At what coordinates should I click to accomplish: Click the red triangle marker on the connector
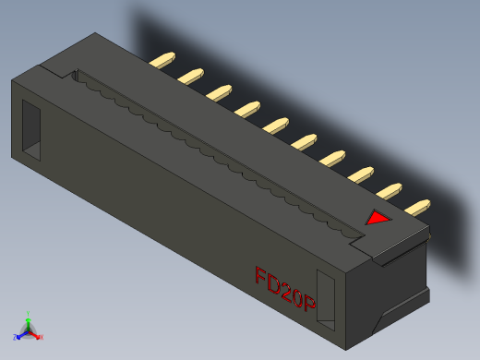[x=377, y=219]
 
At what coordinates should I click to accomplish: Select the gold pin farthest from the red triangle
[x=163, y=61]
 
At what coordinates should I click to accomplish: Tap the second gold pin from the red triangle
[x=390, y=190]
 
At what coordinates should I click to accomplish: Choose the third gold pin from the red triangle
[x=361, y=174]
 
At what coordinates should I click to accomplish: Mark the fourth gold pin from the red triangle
[x=332, y=157]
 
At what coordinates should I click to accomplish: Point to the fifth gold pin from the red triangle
[x=304, y=141]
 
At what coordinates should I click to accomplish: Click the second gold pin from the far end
[x=191, y=74]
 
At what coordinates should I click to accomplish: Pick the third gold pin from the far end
[x=219, y=90]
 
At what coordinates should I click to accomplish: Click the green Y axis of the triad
[x=29, y=319]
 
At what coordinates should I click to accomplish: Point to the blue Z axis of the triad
[x=21, y=333]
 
